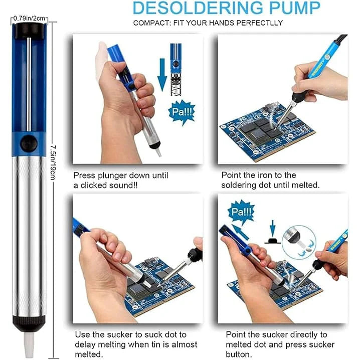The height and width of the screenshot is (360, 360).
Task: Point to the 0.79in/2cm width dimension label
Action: [30, 19]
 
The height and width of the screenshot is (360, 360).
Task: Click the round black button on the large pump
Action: [29, 144]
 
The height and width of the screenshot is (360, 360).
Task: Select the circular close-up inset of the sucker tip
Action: [298, 242]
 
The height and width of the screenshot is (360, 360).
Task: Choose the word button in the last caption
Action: [239, 353]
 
